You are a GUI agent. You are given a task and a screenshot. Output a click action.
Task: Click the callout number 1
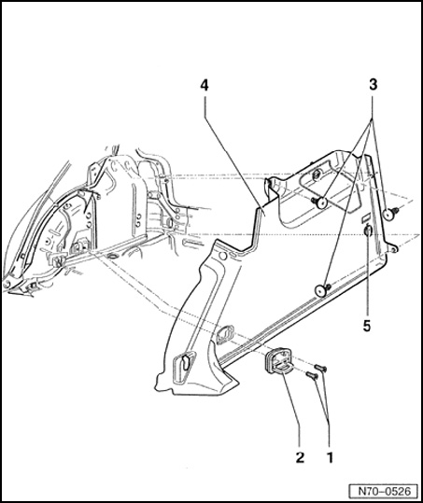[x=330, y=457]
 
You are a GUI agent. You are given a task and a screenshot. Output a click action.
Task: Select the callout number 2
[x=300, y=457]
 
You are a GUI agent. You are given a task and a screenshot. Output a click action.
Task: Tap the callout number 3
[x=373, y=85]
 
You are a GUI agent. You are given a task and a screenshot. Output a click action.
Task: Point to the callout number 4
[x=204, y=85]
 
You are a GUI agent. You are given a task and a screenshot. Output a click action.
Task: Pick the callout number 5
[x=367, y=327]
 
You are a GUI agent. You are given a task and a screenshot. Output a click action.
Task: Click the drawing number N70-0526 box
[x=384, y=491]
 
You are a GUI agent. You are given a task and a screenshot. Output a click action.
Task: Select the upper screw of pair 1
[x=320, y=368]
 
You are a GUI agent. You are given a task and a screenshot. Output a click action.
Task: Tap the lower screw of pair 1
[x=312, y=375]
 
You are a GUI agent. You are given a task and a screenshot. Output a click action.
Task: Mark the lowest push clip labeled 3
[x=322, y=289]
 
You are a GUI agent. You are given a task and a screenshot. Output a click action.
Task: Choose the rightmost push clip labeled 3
[x=390, y=213]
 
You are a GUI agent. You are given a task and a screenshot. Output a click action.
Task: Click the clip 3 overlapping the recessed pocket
[x=319, y=203]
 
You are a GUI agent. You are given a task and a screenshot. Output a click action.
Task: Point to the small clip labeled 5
[x=368, y=231]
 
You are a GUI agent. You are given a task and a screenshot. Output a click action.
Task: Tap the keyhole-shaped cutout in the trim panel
[x=183, y=362]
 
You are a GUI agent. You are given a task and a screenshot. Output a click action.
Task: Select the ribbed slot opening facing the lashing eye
[x=226, y=334]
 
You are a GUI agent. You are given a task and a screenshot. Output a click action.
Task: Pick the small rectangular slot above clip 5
[x=365, y=217]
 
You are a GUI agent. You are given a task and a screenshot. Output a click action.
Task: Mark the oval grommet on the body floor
[x=114, y=256]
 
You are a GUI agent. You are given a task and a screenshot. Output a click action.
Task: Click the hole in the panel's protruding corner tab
[x=394, y=249]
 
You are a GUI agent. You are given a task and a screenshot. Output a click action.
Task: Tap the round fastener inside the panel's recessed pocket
[x=317, y=175]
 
